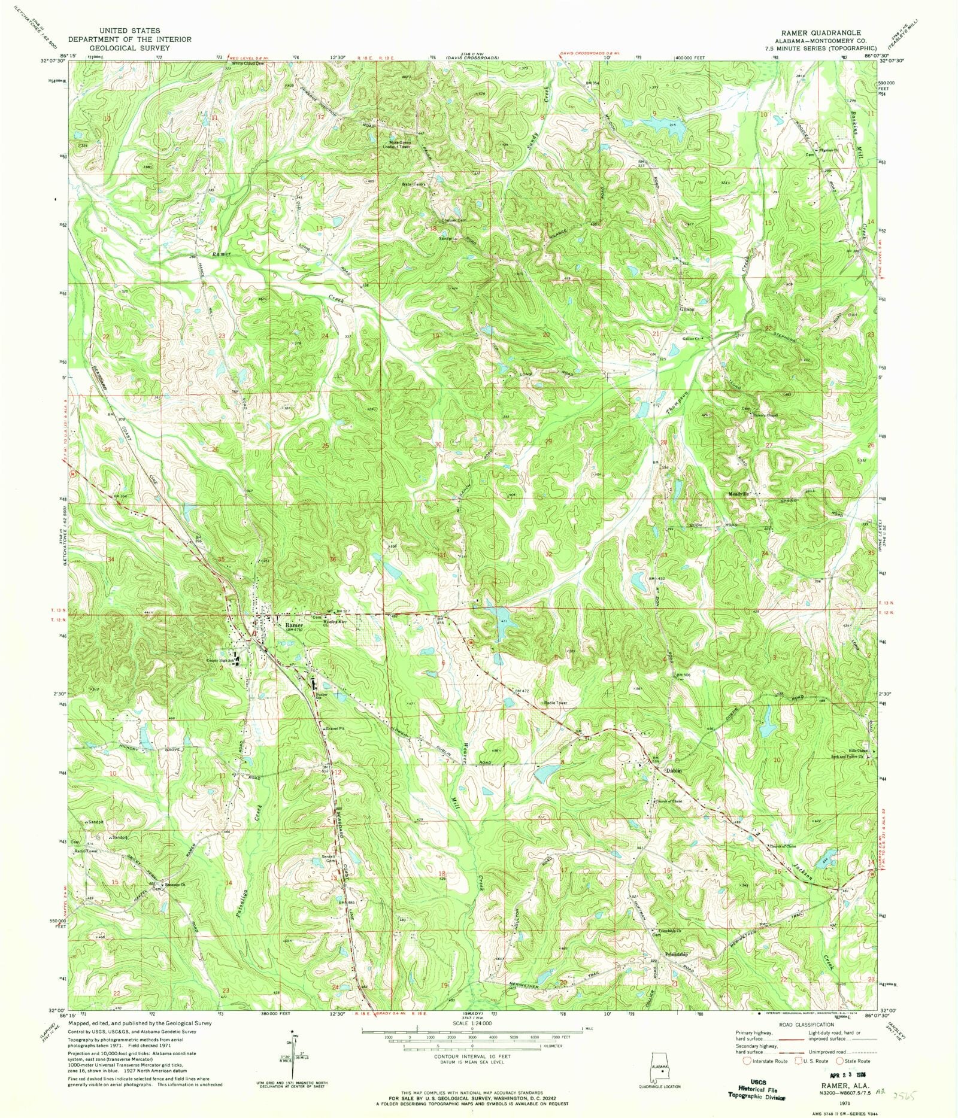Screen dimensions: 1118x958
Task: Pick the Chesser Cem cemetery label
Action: point(454,220)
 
